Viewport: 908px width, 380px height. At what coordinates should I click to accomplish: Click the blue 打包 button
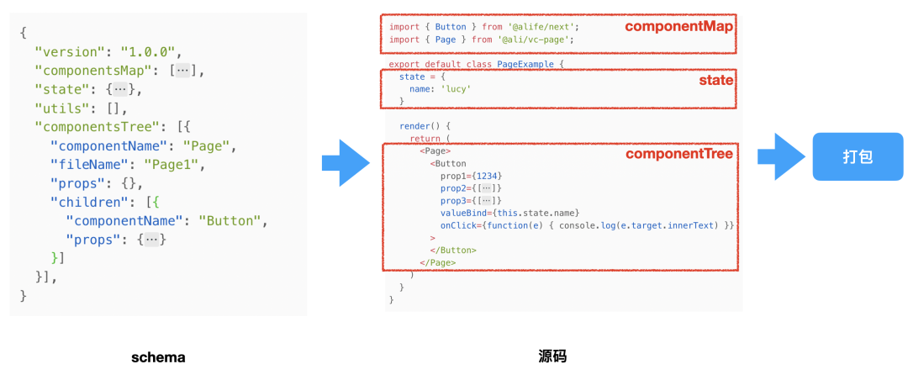tap(857, 156)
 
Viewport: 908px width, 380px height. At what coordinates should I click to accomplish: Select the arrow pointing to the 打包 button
tap(781, 156)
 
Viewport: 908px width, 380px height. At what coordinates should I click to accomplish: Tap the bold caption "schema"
tap(158, 357)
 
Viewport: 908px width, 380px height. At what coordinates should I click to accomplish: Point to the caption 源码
tap(552, 357)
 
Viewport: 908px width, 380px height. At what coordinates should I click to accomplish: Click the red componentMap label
tap(678, 26)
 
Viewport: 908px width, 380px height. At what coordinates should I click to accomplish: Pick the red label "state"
tap(716, 81)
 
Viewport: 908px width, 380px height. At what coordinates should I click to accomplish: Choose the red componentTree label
tap(679, 153)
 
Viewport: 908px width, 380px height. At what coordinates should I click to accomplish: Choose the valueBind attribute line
tap(509, 213)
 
